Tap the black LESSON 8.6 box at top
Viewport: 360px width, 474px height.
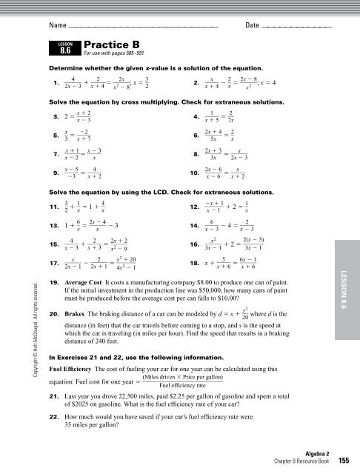click(64, 49)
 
